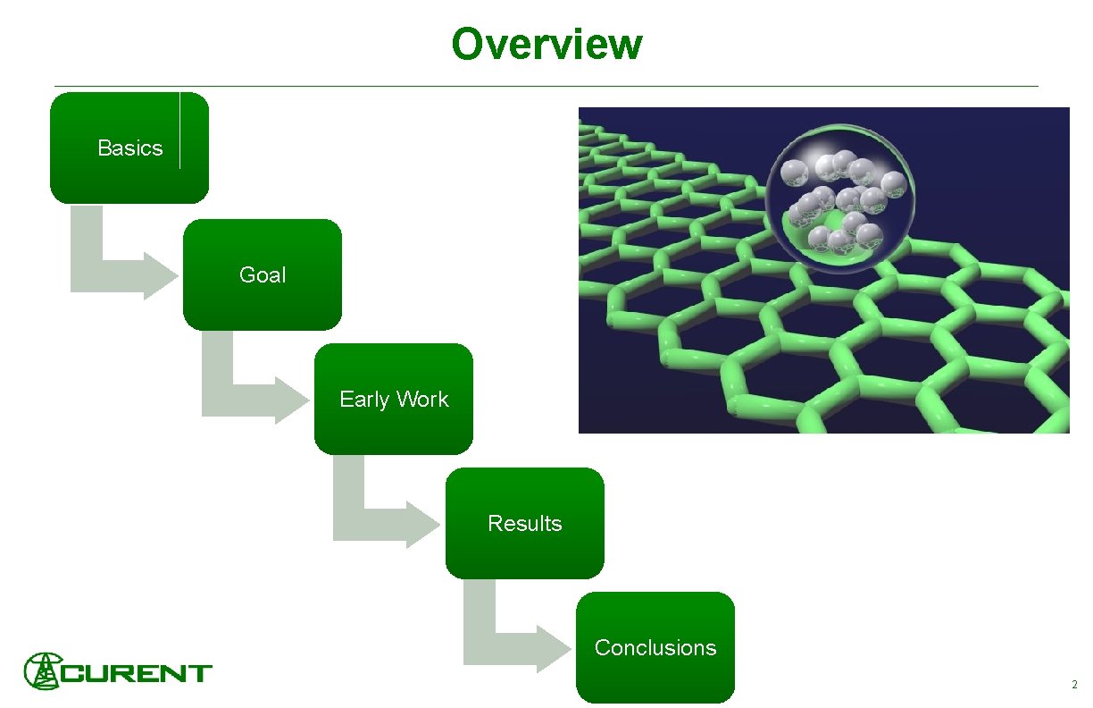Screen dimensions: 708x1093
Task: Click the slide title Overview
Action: pyautogui.click(x=546, y=44)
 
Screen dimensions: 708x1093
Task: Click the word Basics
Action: pyautogui.click(x=130, y=148)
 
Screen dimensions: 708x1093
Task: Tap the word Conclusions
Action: pyautogui.click(x=655, y=648)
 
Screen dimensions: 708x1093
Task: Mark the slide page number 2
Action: pyautogui.click(x=1074, y=686)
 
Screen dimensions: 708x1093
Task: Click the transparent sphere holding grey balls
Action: pyautogui.click(x=838, y=204)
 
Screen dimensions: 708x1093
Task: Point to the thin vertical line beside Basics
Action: pyautogui.click(x=179, y=131)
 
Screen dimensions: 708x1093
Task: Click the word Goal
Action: pyautogui.click(x=263, y=275)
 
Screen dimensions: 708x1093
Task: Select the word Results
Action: pyautogui.click(x=525, y=524)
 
